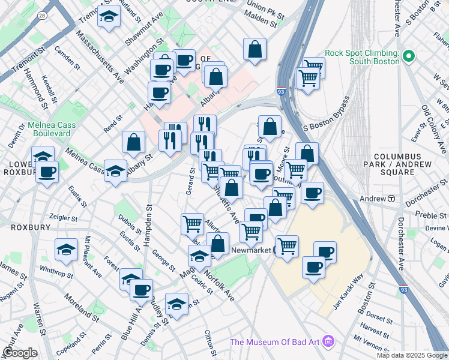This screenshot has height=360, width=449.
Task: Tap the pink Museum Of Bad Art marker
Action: coord(327,343)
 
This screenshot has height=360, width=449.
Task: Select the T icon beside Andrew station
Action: coord(391,199)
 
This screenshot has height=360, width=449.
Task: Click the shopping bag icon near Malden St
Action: coord(255,50)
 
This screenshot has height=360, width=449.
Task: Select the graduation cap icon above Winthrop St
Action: coord(66,250)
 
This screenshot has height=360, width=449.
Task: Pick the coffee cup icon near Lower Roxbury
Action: coord(46,172)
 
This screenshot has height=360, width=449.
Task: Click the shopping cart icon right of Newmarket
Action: coord(287,245)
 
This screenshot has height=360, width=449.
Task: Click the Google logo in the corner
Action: coord(20,353)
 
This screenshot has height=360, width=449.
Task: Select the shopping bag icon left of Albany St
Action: coord(133,142)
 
